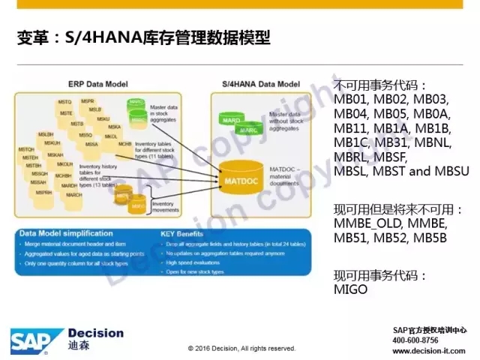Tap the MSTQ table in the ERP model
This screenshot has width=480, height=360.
(64, 101)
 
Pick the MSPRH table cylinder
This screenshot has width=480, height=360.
(43, 193)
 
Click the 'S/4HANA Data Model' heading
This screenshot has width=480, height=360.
(258, 82)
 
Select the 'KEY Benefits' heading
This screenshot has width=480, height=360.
(184, 233)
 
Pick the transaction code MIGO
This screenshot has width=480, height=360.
(351, 289)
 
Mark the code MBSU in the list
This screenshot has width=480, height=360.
(451, 171)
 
